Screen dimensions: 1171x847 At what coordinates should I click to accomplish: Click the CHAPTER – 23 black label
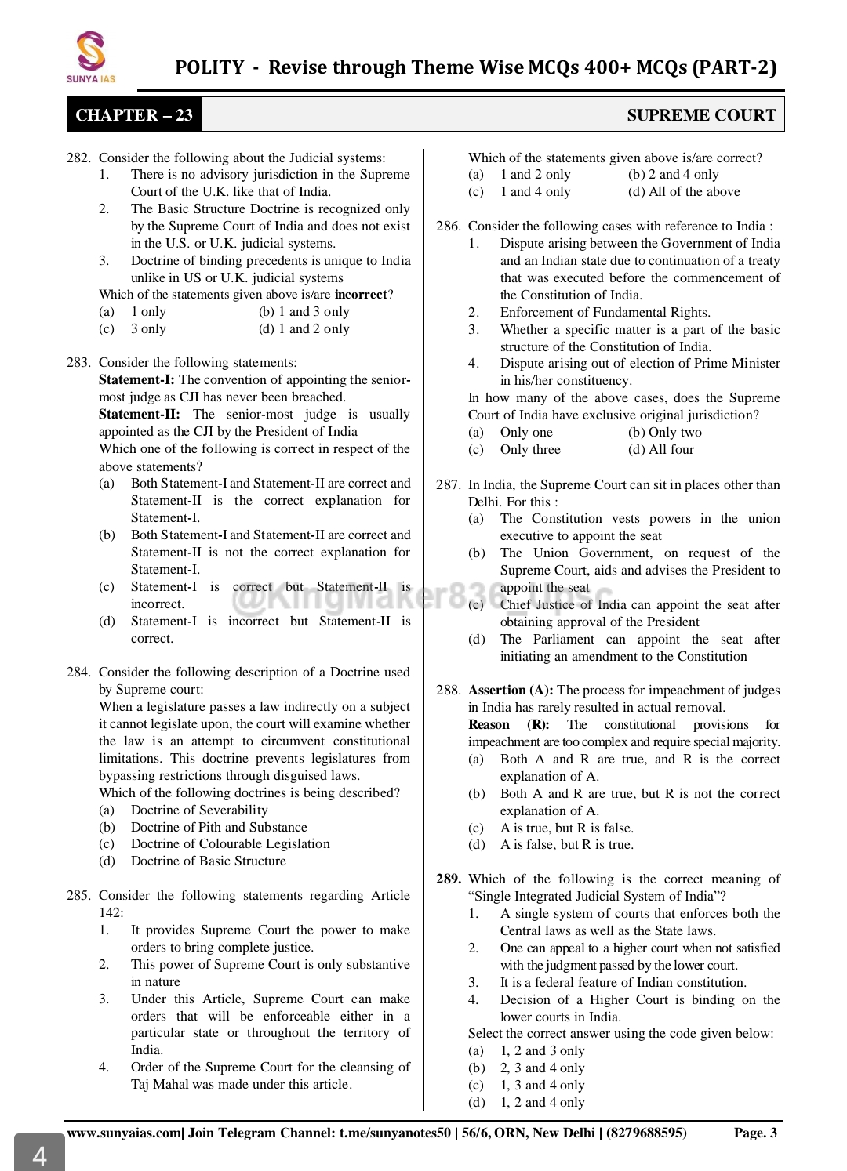click(x=134, y=115)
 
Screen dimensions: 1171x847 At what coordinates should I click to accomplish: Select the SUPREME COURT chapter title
click(x=701, y=115)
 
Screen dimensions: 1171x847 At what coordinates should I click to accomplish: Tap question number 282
click(x=78, y=158)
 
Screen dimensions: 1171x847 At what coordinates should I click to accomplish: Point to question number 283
click(x=78, y=363)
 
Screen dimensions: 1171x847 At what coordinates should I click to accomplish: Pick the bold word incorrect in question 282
click(x=361, y=295)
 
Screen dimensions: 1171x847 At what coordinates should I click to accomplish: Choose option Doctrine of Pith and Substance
click(x=219, y=827)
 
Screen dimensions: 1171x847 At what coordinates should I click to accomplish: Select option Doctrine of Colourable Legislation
click(x=230, y=844)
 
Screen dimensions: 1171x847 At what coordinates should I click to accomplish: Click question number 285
click(x=78, y=896)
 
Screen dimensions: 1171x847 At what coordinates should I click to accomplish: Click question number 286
click(x=448, y=227)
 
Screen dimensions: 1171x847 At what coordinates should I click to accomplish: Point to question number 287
click(x=448, y=485)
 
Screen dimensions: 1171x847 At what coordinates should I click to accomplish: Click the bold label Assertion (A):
click(x=511, y=691)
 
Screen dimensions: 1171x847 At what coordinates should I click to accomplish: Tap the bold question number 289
click(x=448, y=879)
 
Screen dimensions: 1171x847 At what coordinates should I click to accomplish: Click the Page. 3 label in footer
click(x=755, y=1133)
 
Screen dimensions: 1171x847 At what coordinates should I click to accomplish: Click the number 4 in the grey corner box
click(x=39, y=1155)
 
